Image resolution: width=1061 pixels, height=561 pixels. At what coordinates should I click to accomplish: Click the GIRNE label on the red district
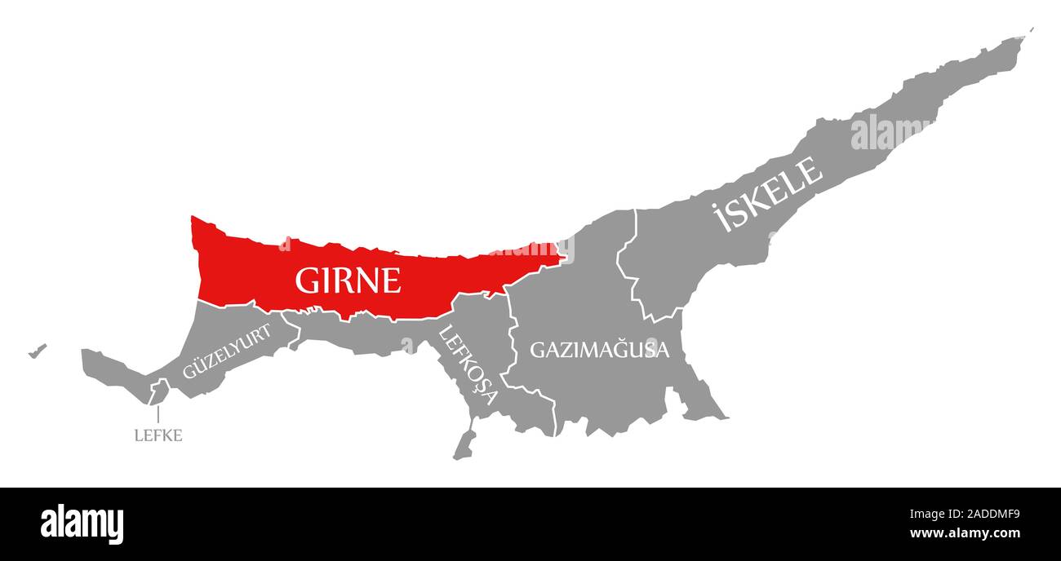point(348,280)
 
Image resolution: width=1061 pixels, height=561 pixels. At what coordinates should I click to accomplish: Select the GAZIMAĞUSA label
point(599,350)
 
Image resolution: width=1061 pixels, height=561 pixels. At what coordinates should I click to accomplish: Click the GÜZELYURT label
point(226,351)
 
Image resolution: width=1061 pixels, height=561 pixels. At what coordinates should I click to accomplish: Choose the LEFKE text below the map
point(158,435)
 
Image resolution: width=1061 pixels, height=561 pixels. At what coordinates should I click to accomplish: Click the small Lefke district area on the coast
point(157,393)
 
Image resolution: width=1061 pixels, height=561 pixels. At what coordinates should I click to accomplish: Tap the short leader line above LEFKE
point(158,414)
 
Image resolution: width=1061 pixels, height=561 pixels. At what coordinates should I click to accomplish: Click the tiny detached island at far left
point(37,351)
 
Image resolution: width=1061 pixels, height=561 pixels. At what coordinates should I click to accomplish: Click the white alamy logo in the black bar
point(82,523)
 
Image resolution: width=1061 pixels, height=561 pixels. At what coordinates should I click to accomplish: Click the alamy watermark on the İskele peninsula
point(890,132)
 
